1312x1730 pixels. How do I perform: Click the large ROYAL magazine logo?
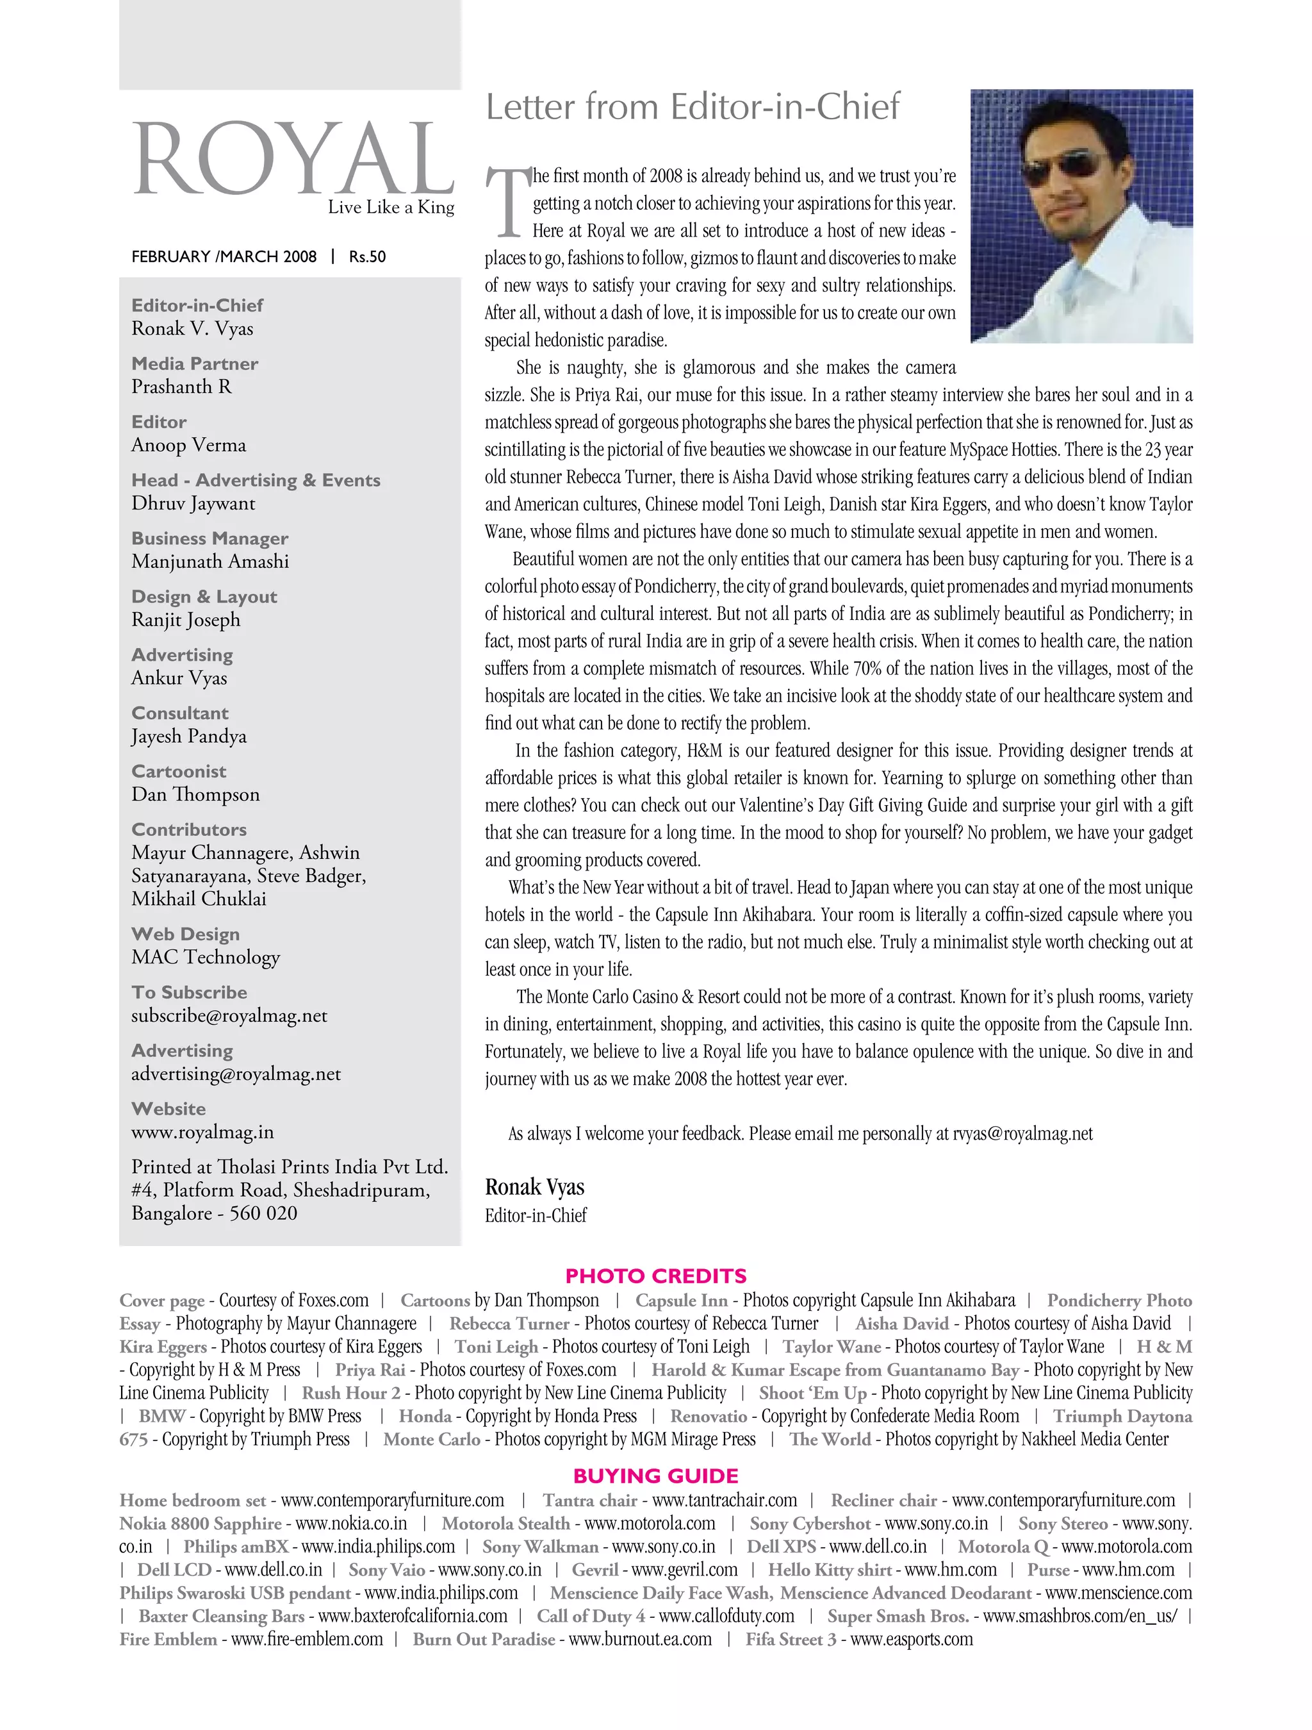coord(293,159)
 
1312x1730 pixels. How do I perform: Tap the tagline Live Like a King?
coord(390,207)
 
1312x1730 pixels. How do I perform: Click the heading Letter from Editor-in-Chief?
coord(692,107)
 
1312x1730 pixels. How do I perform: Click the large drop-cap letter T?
coord(507,202)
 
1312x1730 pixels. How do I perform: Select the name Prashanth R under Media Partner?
coord(181,387)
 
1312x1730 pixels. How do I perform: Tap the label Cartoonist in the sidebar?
coord(178,771)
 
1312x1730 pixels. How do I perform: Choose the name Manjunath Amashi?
coord(209,561)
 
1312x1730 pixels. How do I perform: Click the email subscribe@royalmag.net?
coord(229,1015)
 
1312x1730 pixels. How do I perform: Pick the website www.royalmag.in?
coord(202,1132)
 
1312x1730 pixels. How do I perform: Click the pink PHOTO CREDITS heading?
coord(655,1276)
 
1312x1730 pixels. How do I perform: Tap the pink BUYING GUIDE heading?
coord(655,1476)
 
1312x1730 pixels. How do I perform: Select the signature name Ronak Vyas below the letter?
coord(534,1186)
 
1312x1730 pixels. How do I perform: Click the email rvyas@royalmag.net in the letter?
coord(1022,1133)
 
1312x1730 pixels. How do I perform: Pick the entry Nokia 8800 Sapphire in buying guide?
coord(200,1524)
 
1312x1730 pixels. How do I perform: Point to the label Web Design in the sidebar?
coord(185,934)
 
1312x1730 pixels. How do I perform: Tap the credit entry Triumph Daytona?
coord(1121,1417)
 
